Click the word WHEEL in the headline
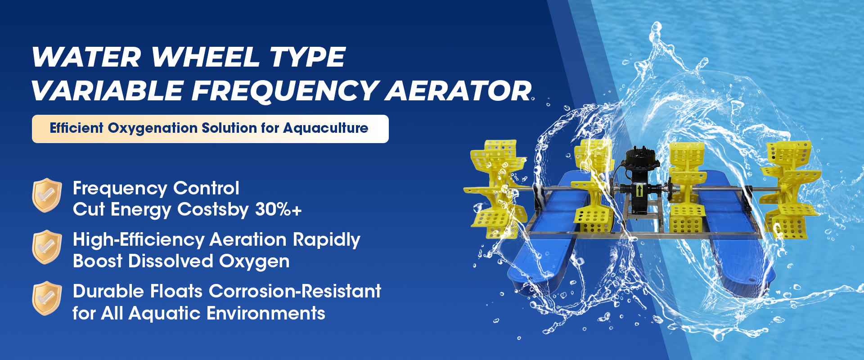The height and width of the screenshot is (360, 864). tap(206, 57)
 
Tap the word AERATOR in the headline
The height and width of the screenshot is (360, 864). tap(459, 90)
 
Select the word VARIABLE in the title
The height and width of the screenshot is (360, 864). tap(108, 90)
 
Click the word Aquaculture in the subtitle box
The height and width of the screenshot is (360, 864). tap(326, 128)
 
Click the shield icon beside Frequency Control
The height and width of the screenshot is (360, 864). tap(47, 195)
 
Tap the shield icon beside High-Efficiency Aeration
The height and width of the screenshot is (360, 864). tap(47, 247)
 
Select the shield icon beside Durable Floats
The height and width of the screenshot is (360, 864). tap(47, 298)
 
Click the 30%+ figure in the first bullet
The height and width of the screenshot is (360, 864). tap(278, 209)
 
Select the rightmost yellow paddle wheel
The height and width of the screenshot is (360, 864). tap(790, 189)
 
